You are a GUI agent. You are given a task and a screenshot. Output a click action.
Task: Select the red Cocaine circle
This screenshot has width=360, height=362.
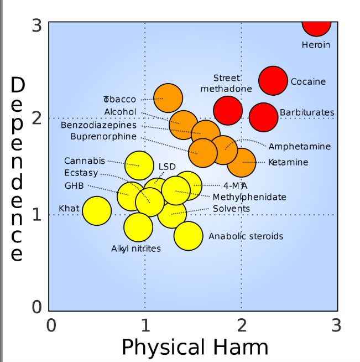point(273,81)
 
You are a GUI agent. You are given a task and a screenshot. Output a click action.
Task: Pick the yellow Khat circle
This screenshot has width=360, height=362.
point(97,210)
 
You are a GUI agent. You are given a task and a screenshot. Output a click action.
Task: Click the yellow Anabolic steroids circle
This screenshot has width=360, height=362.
point(189,236)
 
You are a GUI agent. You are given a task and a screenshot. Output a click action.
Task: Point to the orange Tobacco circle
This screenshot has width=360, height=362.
point(168,98)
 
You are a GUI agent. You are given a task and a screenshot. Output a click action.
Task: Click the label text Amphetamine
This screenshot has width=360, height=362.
point(299,147)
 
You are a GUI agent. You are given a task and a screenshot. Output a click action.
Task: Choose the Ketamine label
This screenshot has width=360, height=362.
point(288,162)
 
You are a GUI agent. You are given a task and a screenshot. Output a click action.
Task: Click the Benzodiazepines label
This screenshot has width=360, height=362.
point(98,125)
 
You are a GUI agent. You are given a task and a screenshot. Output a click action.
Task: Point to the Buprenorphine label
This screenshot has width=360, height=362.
point(103,136)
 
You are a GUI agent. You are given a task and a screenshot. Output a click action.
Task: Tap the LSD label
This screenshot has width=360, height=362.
point(167,166)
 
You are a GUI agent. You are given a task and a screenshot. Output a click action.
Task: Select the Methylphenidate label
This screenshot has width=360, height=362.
point(249,197)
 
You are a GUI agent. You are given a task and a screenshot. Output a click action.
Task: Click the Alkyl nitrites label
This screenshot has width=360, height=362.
point(136,249)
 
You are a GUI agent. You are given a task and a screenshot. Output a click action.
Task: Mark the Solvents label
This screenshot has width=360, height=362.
point(231,209)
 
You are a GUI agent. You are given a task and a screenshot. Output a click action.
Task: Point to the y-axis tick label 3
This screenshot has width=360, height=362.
point(36,25)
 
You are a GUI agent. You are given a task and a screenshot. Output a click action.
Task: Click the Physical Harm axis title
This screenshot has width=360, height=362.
point(194,347)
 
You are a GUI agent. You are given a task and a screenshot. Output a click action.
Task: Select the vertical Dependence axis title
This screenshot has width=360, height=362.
point(18,169)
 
